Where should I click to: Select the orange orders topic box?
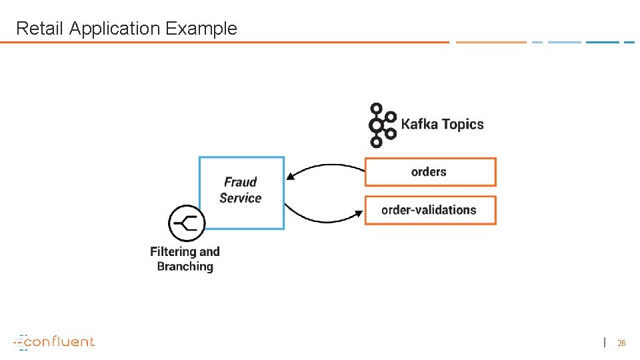430,172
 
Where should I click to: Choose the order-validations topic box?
430,210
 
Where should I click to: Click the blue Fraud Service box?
241,193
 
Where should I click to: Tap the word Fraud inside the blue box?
240,182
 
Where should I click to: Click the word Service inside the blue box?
240,198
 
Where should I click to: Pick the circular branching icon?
186,223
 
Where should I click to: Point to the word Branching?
185,267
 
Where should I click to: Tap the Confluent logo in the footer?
55,341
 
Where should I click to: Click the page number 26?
621,343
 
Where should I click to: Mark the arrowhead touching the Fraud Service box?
289,177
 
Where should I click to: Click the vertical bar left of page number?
605,342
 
